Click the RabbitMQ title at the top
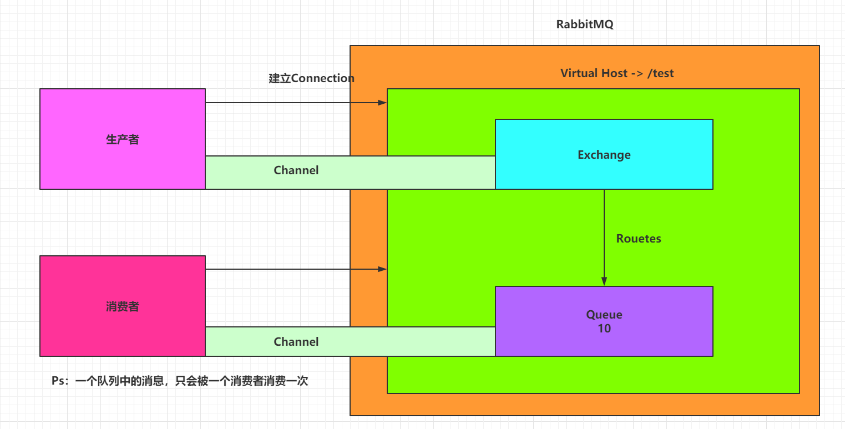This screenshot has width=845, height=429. [585, 25]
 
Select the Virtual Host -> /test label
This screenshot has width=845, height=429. [617, 73]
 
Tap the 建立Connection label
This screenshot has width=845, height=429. [311, 78]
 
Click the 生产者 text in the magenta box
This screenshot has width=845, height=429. [123, 139]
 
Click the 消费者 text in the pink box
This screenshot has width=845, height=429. [123, 306]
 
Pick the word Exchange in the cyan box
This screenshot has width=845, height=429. [604, 155]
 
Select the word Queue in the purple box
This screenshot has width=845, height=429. [604, 315]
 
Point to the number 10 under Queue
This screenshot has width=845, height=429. [604, 329]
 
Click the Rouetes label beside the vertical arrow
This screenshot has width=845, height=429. [639, 239]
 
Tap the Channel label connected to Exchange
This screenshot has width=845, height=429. [296, 170]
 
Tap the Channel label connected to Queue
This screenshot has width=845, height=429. [296, 342]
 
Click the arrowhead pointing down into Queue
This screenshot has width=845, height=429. [604, 281]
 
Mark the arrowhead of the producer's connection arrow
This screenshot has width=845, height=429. [382, 103]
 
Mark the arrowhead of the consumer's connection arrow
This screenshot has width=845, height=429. [382, 269]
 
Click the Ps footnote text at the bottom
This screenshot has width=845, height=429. [179, 381]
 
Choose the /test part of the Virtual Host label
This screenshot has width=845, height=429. [660, 73]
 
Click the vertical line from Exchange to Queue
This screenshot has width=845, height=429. [604, 222]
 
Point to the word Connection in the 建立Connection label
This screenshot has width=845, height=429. [322, 78]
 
